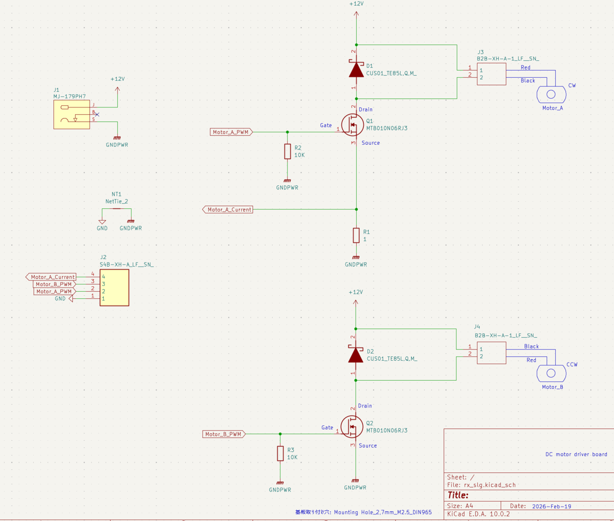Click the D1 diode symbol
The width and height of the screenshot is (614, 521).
click(356, 70)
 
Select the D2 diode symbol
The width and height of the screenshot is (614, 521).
click(356, 355)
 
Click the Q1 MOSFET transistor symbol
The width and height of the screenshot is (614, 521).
click(353, 125)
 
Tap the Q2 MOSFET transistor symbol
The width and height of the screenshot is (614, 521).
click(352, 427)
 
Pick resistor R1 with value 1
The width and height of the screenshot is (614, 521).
click(356, 235)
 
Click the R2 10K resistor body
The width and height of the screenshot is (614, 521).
click(287, 151)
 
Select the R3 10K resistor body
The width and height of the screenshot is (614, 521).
click(280, 453)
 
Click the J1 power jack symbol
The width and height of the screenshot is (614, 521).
click(72, 115)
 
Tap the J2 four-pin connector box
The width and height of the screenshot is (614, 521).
click(115, 288)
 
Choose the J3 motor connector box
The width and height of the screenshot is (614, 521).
click(491, 74)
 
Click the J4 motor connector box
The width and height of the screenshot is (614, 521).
click(491, 353)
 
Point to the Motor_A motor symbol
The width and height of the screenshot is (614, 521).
click(552, 95)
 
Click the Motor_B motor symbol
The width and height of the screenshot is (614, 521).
click(552, 373)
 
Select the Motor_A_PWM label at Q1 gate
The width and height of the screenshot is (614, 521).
click(231, 132)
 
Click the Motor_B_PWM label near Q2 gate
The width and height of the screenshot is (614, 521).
click(224, 434)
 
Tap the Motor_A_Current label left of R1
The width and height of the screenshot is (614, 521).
click(228, 209)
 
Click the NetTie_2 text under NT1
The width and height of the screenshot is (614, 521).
click(117, 202)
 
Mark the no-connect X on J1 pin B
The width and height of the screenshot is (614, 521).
click(97, 115)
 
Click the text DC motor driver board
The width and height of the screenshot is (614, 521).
click(576, 454)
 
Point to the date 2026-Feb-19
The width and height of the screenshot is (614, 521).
click(552, 507)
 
